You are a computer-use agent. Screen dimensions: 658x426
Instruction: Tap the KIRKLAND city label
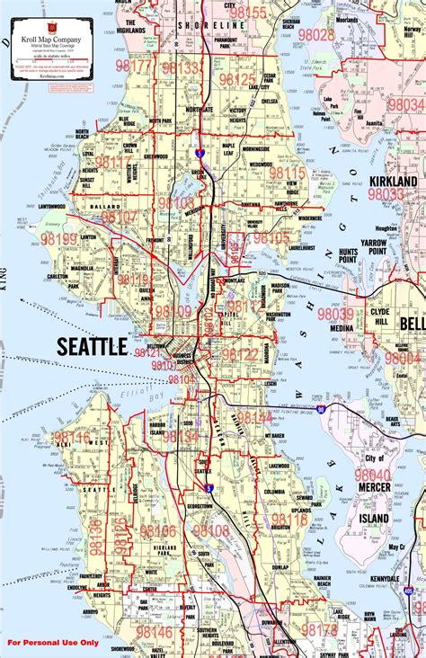click(393, 181)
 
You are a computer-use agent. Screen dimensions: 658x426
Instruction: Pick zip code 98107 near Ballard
click(120, 217)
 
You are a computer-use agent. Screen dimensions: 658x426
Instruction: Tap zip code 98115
click(288, 173)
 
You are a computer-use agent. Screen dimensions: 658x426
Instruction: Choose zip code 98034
click(405, 105)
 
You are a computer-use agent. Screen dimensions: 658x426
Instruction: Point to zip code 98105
click(271, 238)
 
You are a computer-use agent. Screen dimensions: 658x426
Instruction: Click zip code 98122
click(240, 354)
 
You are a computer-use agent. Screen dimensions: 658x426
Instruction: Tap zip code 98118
click(289, 520)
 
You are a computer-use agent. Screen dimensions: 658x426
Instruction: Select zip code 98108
click(211, 531)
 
